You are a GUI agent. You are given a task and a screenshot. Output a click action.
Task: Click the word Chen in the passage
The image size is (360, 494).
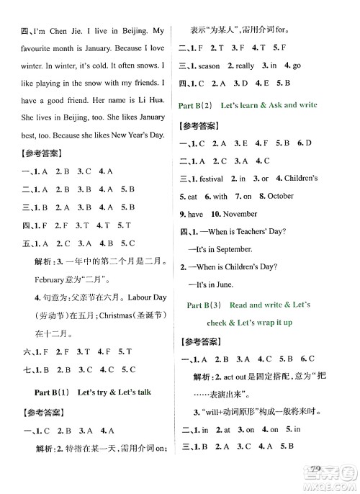pyautogui.click(x=56, y=32)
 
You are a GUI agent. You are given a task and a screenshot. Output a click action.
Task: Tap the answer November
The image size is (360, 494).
pyautogui.click(x=240, y=214)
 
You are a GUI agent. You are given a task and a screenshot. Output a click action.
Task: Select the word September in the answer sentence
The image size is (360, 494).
pyautogui.click(x=234, y=249)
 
